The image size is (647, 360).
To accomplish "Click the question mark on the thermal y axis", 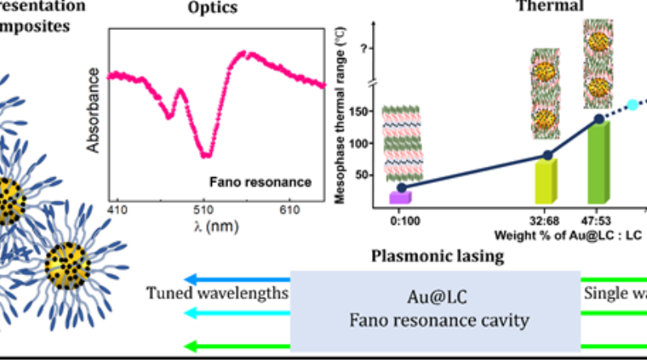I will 368,49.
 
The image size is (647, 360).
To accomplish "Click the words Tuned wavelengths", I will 217,292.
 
